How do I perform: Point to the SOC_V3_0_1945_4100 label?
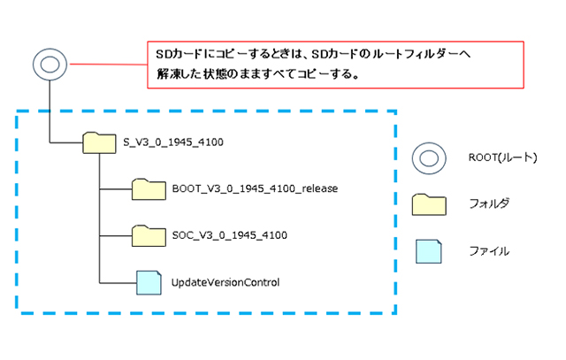pos(216,235)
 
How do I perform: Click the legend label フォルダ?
pos(487,204)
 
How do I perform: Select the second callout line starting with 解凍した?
pos(256,74)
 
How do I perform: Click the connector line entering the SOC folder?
pos(116,235)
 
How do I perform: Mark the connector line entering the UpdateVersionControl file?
pos(118,282)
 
